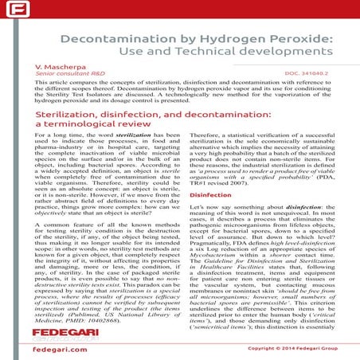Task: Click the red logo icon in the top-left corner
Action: coord(10,10)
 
